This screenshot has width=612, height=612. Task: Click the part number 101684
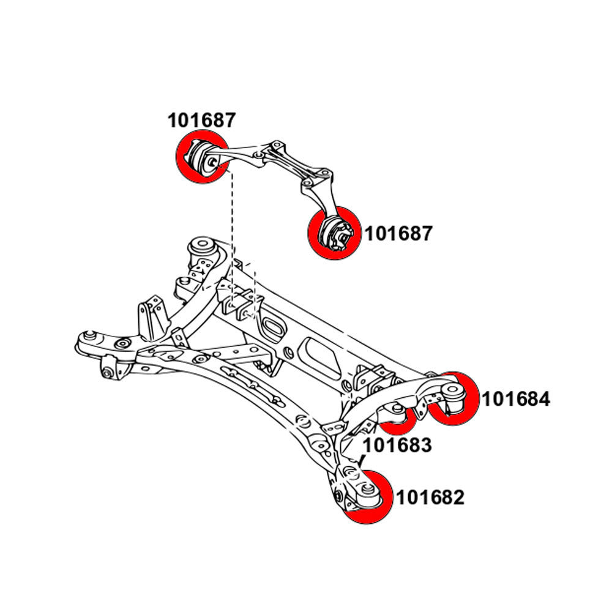[x=516, y=400]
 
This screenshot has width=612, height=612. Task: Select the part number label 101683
[x=398, y=445]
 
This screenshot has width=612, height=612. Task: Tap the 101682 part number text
[x=430, y=498]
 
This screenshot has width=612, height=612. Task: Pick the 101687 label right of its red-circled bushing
[x=399, y=234]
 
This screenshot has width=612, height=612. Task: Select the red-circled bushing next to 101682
[x=367, y=497]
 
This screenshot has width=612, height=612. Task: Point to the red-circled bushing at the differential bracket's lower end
[x=334, y=233]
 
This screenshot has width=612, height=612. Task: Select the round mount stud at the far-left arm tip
[x=90, y=335]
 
